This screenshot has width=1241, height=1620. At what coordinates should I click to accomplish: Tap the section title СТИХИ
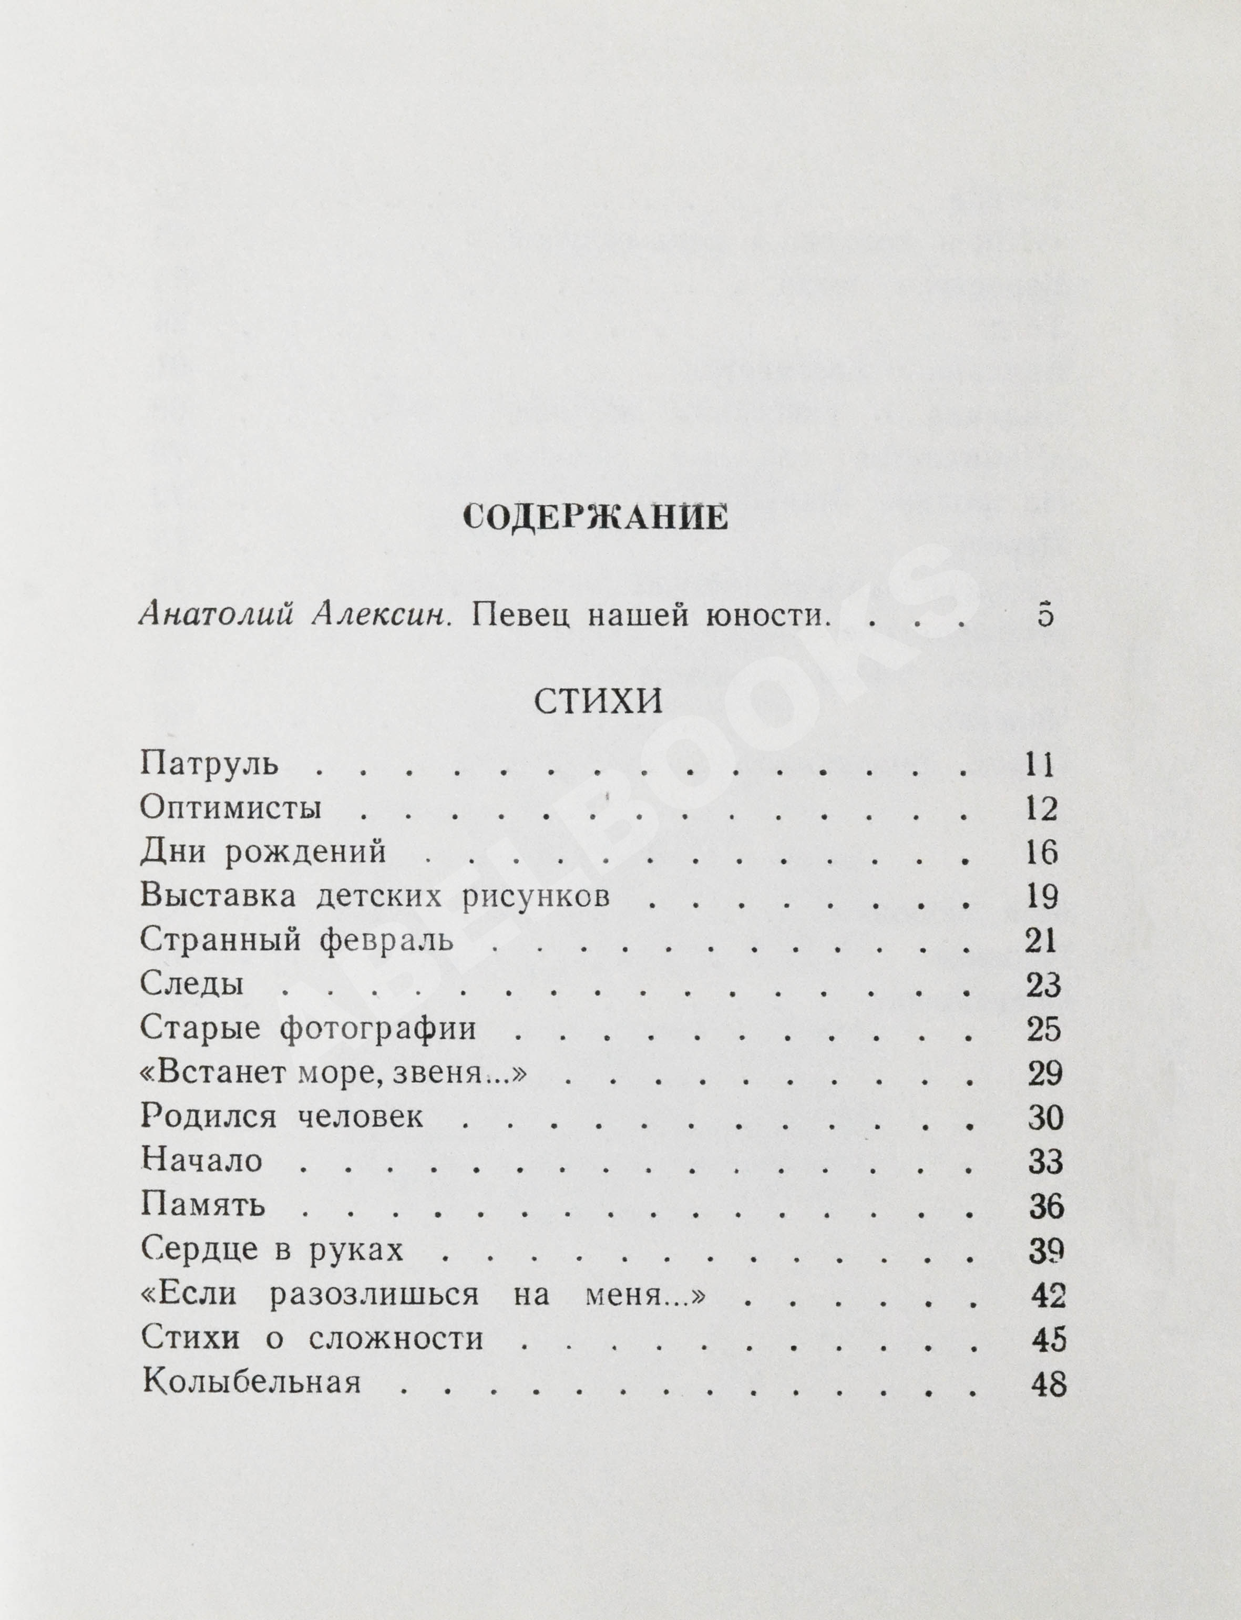598,700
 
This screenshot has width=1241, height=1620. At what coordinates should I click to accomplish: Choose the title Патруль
209,764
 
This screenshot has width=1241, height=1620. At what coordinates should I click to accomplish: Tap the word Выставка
218,897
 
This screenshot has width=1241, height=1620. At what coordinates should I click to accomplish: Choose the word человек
361,1117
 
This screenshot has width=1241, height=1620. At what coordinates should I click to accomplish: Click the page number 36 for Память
1046,1206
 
